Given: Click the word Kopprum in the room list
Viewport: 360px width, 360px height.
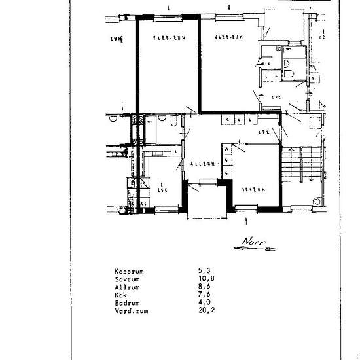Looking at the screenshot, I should pyautogui.click(x=129, y=270).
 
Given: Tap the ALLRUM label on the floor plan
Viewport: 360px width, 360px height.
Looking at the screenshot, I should pyautogui.click(x=203, y=164).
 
